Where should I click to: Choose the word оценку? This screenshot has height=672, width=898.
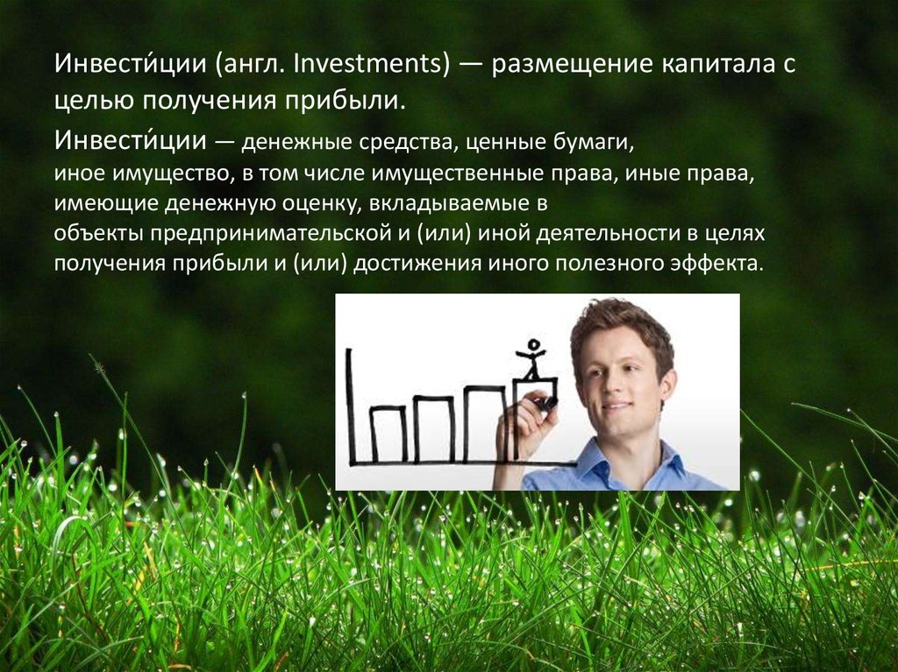(x=309, y=204)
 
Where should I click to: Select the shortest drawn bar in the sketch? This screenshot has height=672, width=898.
(x=388, y=433)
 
